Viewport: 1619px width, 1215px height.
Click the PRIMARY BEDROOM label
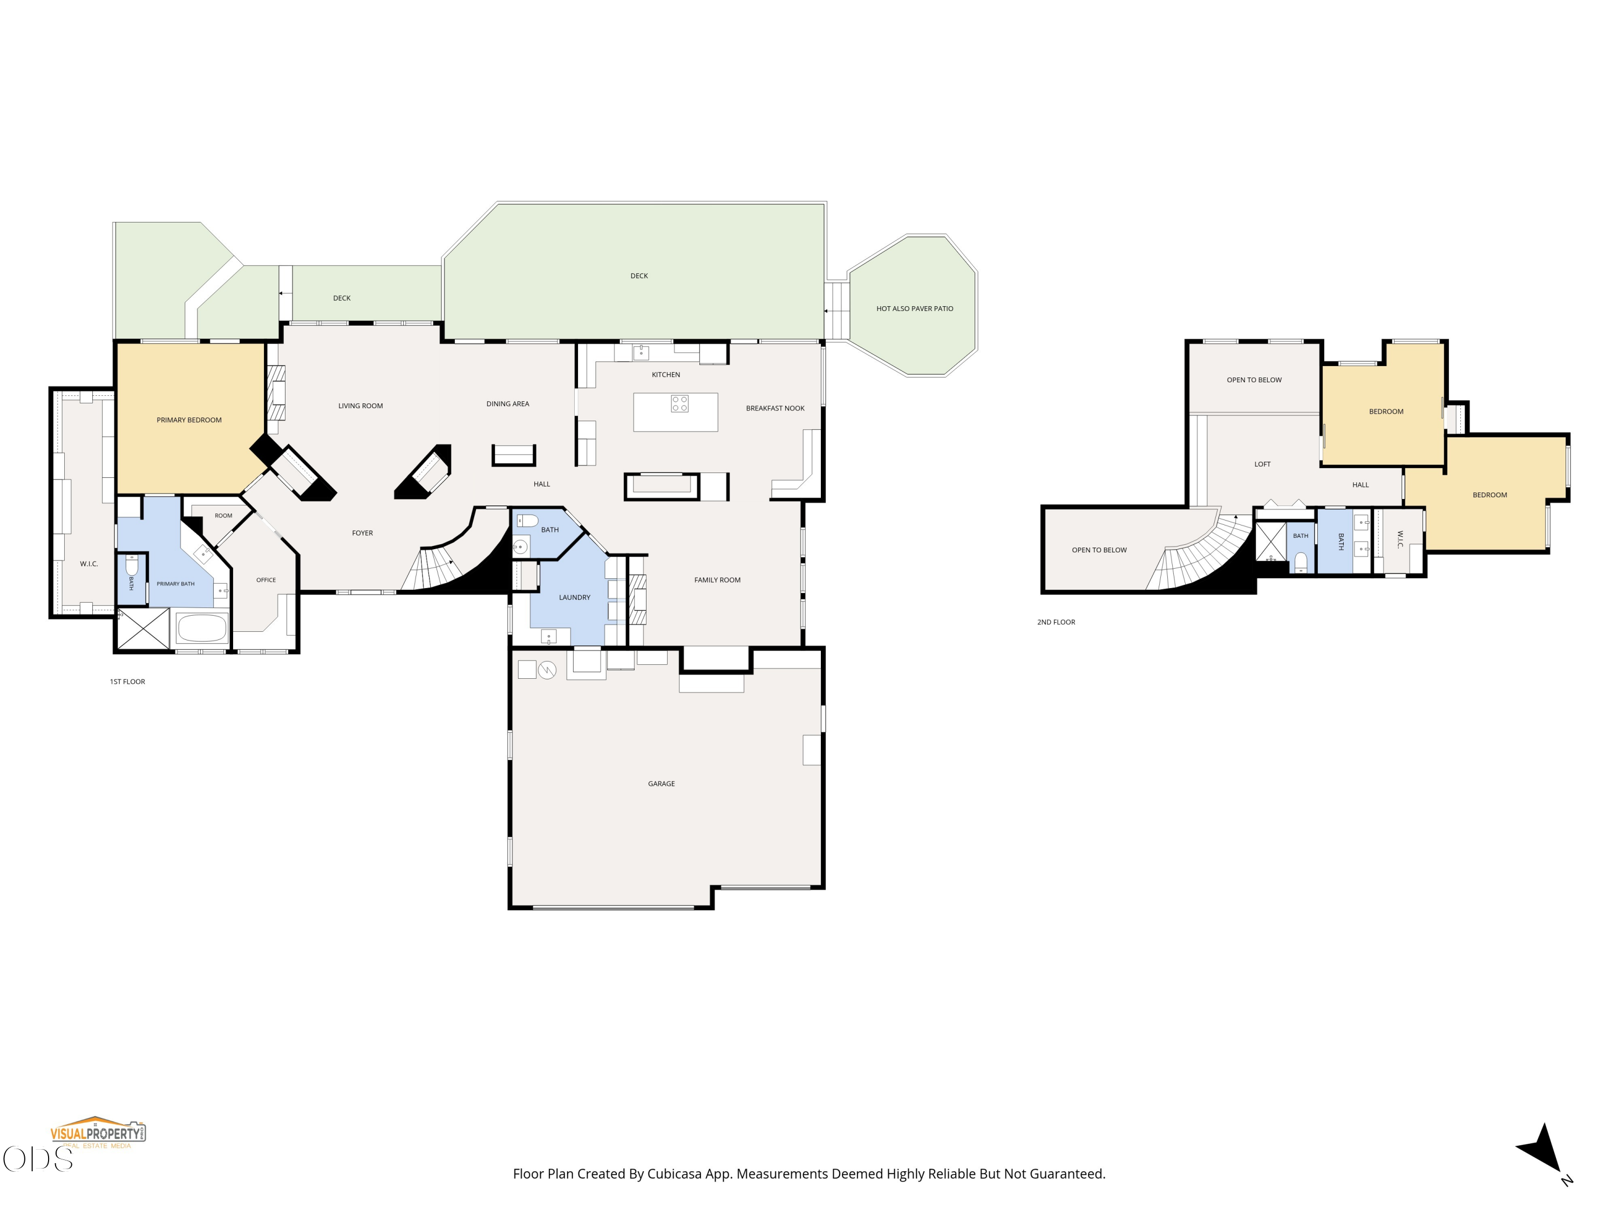coord(189,420)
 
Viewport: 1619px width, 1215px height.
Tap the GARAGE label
coord(661,784)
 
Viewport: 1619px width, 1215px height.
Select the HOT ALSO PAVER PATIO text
coord(915,308)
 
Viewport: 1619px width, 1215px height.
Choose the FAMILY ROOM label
coord(717,580)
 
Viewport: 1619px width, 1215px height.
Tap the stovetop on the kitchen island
coord(679,403)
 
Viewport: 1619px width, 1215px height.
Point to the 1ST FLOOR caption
coord(127,682)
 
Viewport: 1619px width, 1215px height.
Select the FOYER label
coord(362,533)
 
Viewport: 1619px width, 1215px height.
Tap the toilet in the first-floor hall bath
coord(527,521)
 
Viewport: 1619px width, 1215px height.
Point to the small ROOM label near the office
coord(223,516)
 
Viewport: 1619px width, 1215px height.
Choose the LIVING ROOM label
coord(360,406)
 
